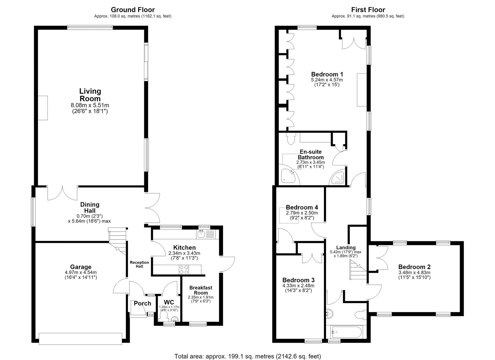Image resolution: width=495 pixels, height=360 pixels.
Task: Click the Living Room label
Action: coord(90,95)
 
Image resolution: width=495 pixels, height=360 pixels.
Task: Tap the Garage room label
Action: coord(81,267)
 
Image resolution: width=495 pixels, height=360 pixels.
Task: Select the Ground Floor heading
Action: coord(133,10)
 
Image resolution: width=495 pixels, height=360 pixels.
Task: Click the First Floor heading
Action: coord(368,10)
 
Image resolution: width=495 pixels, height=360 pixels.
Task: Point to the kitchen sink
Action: coord(201,234)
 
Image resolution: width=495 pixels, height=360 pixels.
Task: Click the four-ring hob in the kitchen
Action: coord(184,269)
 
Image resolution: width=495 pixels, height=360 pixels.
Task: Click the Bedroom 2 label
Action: coord(414,267)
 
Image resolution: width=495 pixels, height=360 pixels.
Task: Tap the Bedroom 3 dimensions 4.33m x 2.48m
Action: coord(298,286)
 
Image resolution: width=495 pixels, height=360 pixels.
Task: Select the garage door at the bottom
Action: coord(80,339)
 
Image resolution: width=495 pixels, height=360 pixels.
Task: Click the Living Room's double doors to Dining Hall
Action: coord(63,193)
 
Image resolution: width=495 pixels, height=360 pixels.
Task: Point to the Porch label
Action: coord(143,303)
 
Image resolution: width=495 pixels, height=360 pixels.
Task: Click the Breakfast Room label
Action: coord(201,290)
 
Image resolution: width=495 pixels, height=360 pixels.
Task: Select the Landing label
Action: coord(346,248)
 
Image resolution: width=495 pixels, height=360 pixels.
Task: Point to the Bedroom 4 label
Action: coord(302,207)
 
